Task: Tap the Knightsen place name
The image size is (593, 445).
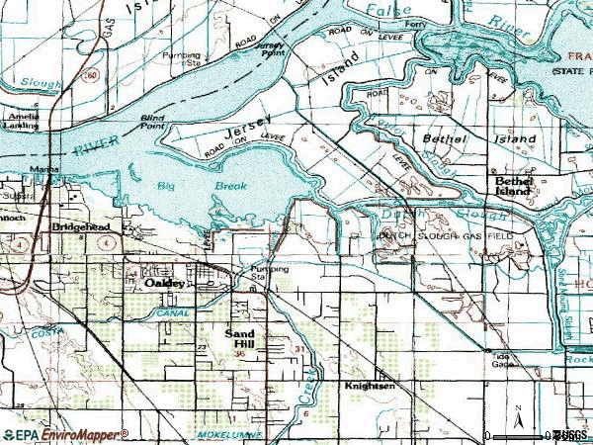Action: click(x=369, y=385)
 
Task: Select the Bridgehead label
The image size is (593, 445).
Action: click(x=81, y=226)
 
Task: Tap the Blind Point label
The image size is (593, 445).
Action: click(x=151, y=121)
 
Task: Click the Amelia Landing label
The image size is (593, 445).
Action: click(x=19, y=122)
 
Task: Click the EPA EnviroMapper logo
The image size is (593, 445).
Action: click(x=64, y=434)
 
